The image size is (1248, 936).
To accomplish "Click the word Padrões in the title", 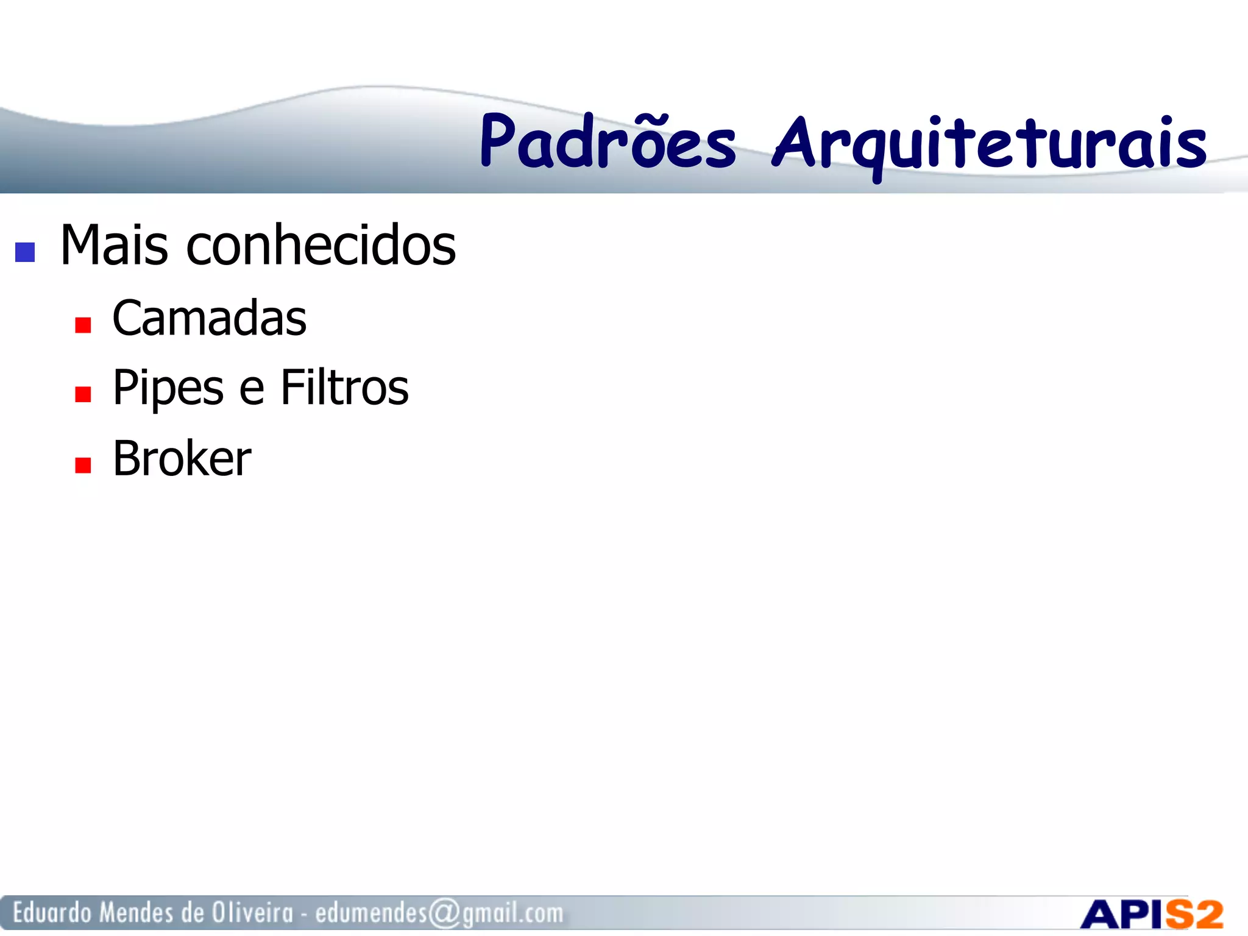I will click(x=608, y=143).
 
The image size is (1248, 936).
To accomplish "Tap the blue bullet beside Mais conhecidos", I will click(x=25, y=252).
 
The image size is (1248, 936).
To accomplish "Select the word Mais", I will click(x=114, y=245).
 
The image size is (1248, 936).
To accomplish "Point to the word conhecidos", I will click(x=321, y=245).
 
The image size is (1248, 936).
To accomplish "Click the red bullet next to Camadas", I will click(x=83, y=325).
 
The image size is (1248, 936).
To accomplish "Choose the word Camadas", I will click(x=209, y=319).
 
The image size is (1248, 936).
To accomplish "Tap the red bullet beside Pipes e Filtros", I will click(x=83, y=395).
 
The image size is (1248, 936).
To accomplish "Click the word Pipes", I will click(x=168, y=389).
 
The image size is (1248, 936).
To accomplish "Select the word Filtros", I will click(x=344, y=388).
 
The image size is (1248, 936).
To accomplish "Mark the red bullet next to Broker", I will click(x=83, y=466).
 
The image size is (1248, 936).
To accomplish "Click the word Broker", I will click(x=182, y=458).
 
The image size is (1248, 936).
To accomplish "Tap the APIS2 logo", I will click(x=1151, y=914).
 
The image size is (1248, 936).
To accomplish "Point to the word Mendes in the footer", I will click(x=136, y=913).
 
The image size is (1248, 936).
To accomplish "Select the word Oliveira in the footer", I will click(x=252, y=913).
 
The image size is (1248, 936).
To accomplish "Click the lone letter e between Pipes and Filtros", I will click(x=251, y=390).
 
